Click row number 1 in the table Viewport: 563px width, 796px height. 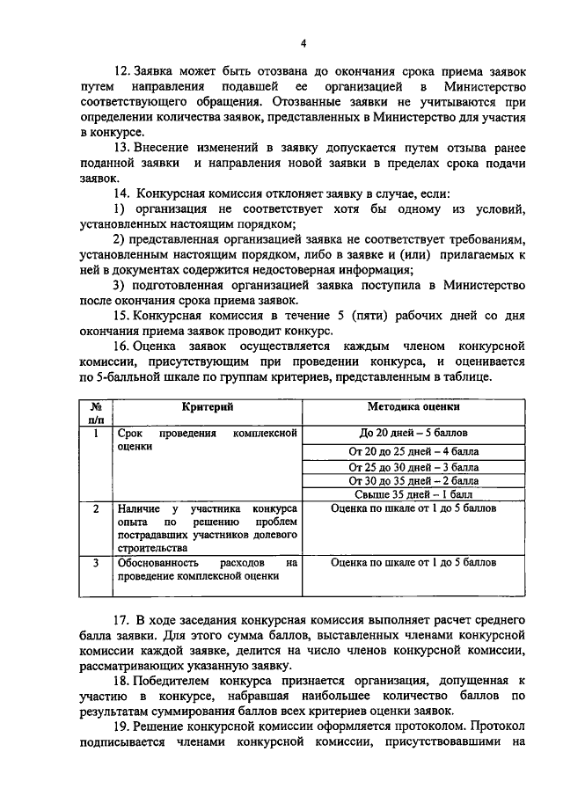[95, 434]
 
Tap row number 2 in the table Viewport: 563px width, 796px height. [95, 509]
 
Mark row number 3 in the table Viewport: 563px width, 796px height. [95, 562]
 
